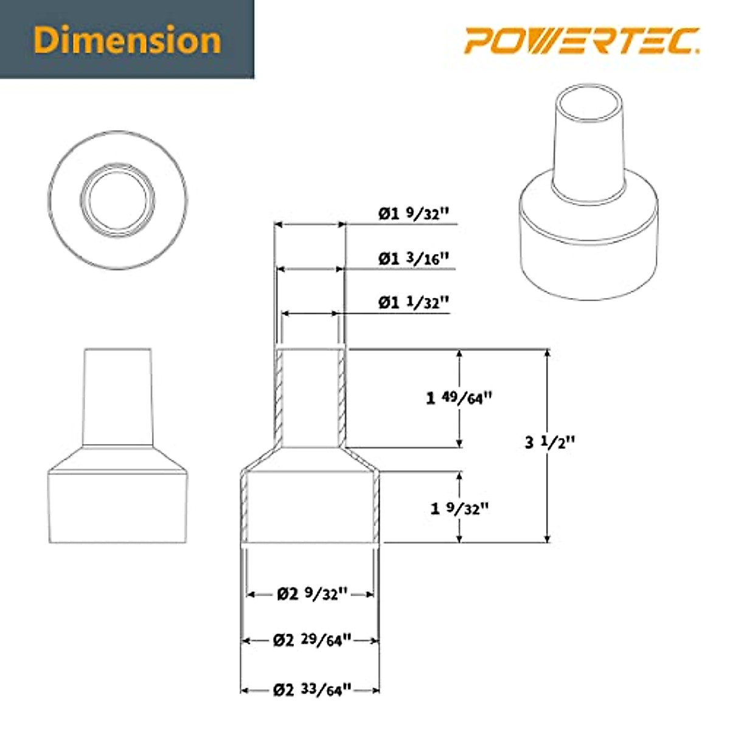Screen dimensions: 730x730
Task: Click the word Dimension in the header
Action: coord(127,40)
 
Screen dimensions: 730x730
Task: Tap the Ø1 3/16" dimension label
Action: coord(414,259)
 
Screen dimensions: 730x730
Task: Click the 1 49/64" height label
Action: coord(459,398)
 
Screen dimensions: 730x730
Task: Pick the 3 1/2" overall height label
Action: coord(549,442)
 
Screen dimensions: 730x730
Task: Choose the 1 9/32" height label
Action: coord(459,508)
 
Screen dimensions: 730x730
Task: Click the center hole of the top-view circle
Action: coord(119,199)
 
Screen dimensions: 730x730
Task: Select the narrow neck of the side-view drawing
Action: coord(117,395)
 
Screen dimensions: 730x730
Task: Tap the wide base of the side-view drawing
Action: coord(117,508)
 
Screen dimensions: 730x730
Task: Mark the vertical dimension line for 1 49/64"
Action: coord(460,426)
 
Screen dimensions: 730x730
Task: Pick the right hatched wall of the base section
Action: coord(376,508)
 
